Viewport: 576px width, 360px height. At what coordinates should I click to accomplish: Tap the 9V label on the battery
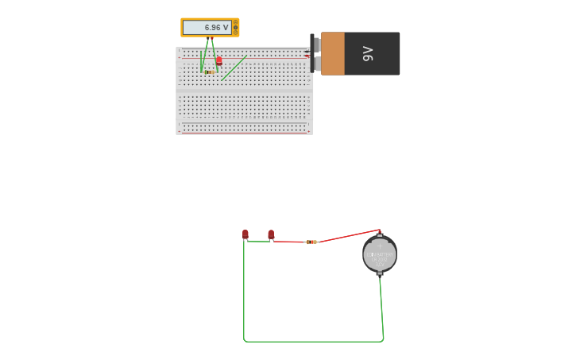tap(368, 53)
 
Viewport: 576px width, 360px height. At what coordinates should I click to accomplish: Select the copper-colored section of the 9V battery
tap(332, 53)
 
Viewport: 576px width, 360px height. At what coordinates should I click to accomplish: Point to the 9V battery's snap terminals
tap(315, 54)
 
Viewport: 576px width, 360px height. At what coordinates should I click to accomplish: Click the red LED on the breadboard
tap(219, 60)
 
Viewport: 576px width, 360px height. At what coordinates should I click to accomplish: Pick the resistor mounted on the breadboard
tap(209, 72)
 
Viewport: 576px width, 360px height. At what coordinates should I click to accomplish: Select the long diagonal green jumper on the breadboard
tap(234, 68)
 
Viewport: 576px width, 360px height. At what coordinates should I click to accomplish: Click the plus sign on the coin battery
tap(379, 246)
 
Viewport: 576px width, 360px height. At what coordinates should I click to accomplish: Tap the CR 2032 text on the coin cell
tap(380, 259)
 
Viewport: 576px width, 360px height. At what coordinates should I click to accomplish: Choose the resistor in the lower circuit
tap(311, 242)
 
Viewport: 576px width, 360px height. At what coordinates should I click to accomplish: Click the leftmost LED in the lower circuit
tap(245, 234)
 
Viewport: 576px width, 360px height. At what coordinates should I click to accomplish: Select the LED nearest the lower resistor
tap(271, 234)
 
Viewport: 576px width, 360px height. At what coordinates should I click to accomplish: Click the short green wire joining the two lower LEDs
tap(258, 242)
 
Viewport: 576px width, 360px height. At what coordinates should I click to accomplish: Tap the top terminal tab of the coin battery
tap(379, 235)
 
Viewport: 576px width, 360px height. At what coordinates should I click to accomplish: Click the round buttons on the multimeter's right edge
tap(236, 28)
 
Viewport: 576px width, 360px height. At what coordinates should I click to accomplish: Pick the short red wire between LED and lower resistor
tap(289, 241)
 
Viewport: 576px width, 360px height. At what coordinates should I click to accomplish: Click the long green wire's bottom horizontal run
tap(314, 342)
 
